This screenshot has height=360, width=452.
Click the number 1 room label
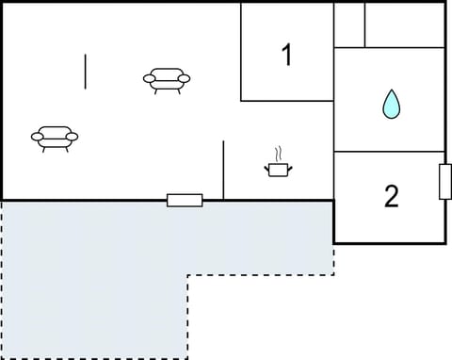tap(287, 56)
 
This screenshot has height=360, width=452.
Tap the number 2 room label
tap(391, 197)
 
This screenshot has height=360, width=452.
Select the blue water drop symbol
tap(391, 104)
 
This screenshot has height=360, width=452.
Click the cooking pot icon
tap(278, 169)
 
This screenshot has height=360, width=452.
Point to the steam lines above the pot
tap(278, 154)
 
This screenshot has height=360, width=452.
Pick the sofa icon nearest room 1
tap(168, 80)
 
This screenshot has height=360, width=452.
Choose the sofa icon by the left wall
tap(55, 138)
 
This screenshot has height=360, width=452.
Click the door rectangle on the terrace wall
tap(185, 200)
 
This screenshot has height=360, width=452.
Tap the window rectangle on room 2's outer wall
tap(445, 182)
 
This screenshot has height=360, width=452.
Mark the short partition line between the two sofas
tap(86, 72)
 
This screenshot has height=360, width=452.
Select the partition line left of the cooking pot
tap(223, 170)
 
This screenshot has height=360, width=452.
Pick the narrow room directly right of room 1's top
tap(349, 25)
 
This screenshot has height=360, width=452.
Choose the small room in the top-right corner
tap(404, 25)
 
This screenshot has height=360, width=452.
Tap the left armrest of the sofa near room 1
tap(149, 79)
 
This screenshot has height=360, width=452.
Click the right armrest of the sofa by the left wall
tap(73, 137)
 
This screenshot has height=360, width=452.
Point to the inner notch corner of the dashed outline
tap(187, 275)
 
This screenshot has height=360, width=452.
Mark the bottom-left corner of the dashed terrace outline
tap(2, 358)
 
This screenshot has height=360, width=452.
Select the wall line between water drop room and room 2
tap(390, 151)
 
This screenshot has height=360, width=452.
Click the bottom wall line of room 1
tap(287, 100)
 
